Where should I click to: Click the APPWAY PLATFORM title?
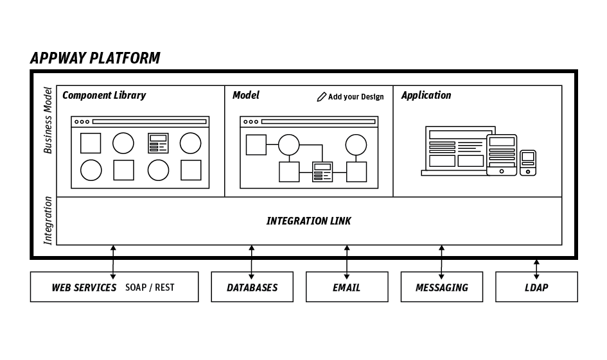click(95, 58)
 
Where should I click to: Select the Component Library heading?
click(104, 96)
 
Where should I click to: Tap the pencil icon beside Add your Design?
click(322, 97)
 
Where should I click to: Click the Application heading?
click(426, 96)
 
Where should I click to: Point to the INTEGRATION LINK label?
click(308, 221)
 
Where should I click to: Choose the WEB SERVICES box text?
click(84, 287)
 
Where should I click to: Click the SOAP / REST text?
click(150, 287)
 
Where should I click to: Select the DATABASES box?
click(252, 287)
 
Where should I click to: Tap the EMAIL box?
click(346, 287)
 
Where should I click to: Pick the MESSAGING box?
click(441, 287)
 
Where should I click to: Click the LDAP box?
click(536, 287)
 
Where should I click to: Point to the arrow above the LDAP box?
click(536, 266)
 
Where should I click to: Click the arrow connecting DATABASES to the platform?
click(252, 259)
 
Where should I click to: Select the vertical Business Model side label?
click(48, 120)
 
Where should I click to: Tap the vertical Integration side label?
click(48, 221)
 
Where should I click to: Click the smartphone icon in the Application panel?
click(528, 162)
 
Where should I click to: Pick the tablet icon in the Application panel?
click(502, 155)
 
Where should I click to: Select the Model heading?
click(246, 96)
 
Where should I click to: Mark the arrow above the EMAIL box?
click(347, 259)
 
